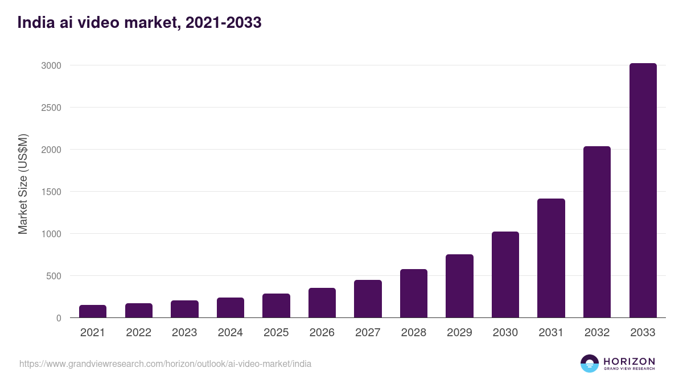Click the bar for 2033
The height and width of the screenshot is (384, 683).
(643, 191)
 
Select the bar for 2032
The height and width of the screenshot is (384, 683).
(596, 232)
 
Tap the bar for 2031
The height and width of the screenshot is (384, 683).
(551, 258)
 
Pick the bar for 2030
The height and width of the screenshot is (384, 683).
(505, 275)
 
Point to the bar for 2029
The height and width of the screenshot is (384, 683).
(459, 286)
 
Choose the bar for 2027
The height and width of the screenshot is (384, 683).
(368, 299)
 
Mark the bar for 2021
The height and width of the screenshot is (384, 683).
(93, 311)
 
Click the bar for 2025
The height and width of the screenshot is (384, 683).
(276, 305)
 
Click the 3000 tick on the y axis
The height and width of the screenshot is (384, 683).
(51, 65)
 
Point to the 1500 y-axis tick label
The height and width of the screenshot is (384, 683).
(51, 192)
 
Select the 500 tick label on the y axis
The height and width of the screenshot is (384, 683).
(53, 276)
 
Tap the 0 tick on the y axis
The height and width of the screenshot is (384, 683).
(58, 318)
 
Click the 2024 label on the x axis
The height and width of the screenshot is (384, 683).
(230, 333)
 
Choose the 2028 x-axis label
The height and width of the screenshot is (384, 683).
(413, 333)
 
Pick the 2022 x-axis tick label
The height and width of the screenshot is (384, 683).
(138, 333)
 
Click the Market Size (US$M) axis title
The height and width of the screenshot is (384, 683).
(23, 184)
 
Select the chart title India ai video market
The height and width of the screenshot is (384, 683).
(139, 23)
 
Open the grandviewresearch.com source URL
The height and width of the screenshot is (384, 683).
(165, 364)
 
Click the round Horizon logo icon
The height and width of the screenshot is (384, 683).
(590, 364)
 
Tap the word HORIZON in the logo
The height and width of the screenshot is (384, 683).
(629, 361)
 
